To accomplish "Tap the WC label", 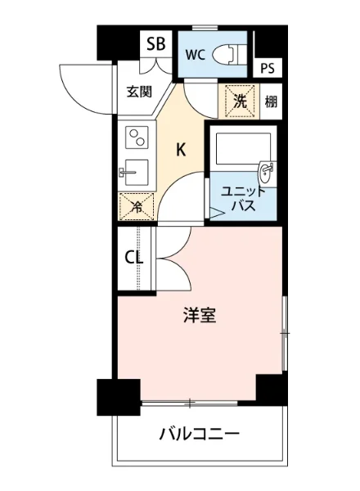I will [195, 56].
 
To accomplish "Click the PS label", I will [268, 69].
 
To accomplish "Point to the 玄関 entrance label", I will [139, 92].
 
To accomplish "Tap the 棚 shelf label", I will [271, 102].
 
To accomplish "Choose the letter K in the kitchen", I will [182, 150].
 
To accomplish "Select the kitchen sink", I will [133, 173].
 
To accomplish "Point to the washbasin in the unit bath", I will [266, 172].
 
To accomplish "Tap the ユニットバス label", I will [242, 200].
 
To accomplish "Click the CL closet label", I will [134, 259].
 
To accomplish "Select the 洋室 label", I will [200, 316].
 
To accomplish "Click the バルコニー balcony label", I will [200, 433].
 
